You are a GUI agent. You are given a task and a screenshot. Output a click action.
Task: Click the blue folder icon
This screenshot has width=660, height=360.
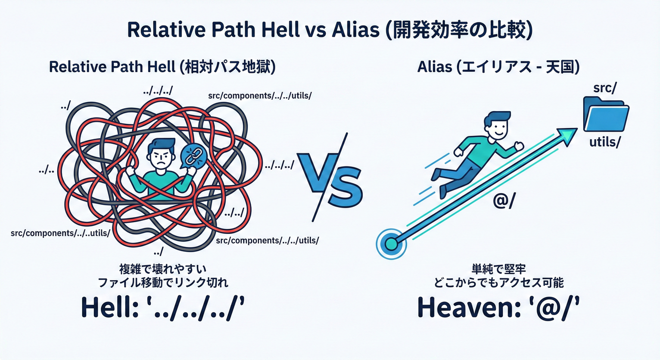pos(606,115)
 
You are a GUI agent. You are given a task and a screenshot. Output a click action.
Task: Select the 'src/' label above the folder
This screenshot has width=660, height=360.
pos(605,88)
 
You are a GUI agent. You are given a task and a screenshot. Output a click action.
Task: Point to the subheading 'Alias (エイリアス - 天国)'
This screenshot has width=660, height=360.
pos(498,67)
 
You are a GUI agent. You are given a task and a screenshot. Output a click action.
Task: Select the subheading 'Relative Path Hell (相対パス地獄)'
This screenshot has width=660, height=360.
pos(162,67)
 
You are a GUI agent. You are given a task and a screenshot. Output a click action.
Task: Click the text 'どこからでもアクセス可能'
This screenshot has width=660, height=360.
pos(498,283)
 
